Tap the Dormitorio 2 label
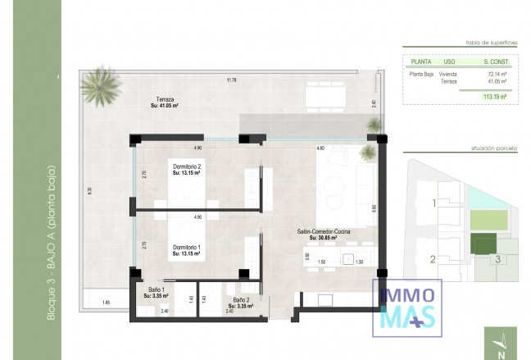(187, 170)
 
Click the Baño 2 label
(240, 303)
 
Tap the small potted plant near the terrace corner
(374, 125)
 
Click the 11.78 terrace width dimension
(231, 80)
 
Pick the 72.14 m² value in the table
(496, 74)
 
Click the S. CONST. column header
(496, 61)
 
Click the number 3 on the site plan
(497, 260)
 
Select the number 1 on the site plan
(433, 203)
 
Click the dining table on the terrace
(327, 97)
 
